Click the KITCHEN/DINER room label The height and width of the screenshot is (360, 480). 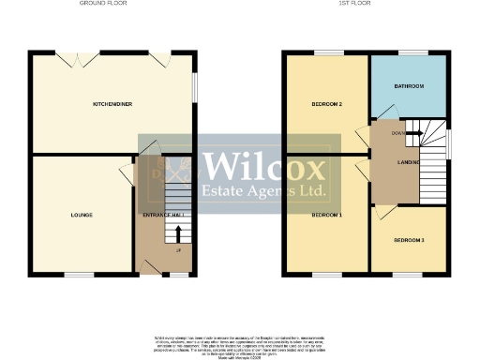click(111, 104)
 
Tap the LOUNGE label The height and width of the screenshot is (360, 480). click(82, 215)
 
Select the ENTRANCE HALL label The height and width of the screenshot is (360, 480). click(162, 215)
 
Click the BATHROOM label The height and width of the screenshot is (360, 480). click(408, 86)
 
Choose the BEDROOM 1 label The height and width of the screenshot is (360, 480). click(326, 215)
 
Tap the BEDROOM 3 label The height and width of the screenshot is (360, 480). click(408, 241)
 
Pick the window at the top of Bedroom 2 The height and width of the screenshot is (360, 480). click(326, 52)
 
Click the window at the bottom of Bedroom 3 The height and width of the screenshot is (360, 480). click(408, 274)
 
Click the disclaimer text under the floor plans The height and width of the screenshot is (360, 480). click(240, 344)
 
